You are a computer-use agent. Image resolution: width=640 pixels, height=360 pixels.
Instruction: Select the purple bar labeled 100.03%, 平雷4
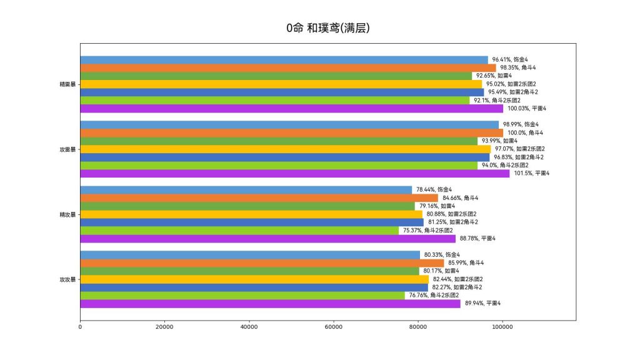[291, 108]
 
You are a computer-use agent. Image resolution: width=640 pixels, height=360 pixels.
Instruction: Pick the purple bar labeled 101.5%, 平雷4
[295, 173]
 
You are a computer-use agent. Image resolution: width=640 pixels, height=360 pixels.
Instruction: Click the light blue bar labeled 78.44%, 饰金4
[246, 189]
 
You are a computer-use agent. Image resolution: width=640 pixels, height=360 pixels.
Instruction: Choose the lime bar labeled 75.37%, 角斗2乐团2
[239, 230]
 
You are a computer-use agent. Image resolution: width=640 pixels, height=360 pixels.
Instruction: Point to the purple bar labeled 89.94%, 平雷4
[270, 303]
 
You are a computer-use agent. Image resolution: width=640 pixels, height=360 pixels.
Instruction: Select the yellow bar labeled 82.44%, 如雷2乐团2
[254, 279]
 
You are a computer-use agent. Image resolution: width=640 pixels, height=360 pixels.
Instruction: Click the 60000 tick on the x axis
[333, 326]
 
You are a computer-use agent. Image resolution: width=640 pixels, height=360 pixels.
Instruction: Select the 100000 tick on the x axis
[502, 326]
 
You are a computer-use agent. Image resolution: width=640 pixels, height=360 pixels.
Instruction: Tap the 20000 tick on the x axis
[164, 326]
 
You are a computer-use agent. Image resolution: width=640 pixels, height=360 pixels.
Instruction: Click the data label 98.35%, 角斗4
[517, 67]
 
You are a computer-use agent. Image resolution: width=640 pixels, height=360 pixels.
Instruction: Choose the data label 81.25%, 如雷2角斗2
[453, 222]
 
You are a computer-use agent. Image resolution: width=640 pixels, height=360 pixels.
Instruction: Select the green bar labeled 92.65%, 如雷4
[276, 76]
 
